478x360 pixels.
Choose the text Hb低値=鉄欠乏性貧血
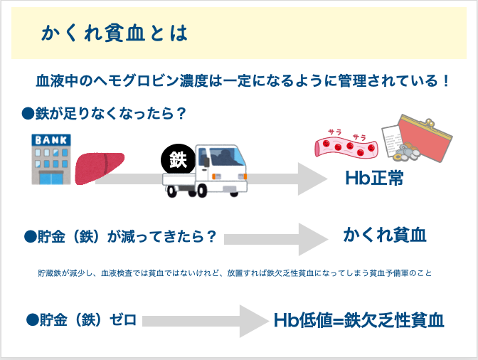(x=359, y=321)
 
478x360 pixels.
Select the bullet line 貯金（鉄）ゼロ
(x=81, y=320)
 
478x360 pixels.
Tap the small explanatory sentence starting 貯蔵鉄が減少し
(x=235, y=273)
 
